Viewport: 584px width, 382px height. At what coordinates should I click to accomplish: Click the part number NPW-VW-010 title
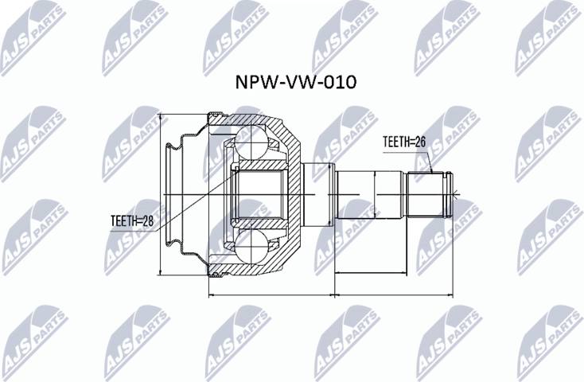292,82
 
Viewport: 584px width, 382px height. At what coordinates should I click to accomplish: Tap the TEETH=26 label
405,142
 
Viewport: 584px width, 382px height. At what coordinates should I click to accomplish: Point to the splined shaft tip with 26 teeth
430,195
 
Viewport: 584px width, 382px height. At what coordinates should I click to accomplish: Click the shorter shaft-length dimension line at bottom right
393,273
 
